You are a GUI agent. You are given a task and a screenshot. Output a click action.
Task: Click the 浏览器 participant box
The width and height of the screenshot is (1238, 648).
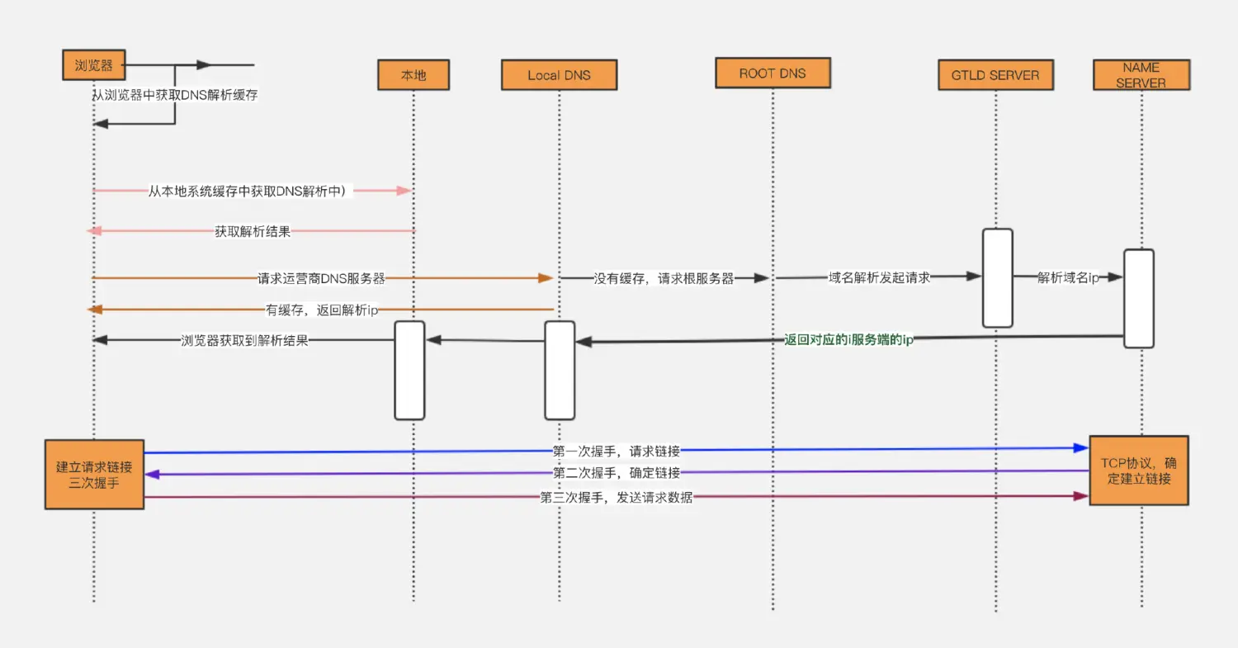coord(94,64)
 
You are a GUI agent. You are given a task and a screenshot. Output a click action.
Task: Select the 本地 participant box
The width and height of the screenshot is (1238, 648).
coord(413,74)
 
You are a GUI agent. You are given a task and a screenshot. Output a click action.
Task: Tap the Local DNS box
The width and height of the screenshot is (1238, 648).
coord(559,74)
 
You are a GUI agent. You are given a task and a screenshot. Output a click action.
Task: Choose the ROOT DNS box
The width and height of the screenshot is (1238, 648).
coord(773,73)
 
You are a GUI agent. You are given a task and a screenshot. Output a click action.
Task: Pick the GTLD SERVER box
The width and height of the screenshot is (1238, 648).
coord(995,74)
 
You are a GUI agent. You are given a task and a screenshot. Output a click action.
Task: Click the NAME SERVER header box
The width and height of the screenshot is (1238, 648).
coord(1141,74)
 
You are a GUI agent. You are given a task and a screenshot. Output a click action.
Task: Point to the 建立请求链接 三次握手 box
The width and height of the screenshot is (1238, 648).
coord(95,475)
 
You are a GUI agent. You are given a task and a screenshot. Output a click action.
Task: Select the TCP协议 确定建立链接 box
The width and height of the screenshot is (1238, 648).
coord(1138,471)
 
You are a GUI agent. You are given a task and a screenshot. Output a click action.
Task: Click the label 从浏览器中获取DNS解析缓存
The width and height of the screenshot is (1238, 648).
coord(175,95)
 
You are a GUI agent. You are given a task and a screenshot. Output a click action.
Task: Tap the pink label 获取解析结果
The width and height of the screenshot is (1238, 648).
coord(253,231)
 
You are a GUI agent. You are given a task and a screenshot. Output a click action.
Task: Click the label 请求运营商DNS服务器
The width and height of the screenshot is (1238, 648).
coord(321,278)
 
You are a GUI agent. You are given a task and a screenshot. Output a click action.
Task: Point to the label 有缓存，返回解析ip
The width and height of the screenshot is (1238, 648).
coord(322,310)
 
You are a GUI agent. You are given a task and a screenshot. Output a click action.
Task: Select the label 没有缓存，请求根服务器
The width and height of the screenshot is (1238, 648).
coord(664,278)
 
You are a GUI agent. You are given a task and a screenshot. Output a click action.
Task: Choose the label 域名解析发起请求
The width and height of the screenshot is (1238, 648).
coord(879,277)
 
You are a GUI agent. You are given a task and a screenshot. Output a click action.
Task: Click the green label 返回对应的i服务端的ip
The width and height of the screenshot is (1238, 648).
coord(848,339)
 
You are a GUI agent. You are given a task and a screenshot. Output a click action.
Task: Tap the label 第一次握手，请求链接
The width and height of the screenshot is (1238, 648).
coord(617,452)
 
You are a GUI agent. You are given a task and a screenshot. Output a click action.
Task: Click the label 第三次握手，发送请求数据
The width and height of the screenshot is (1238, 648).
coord(617,498)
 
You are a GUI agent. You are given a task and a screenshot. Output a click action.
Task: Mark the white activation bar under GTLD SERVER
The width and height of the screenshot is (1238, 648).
coord(998,278)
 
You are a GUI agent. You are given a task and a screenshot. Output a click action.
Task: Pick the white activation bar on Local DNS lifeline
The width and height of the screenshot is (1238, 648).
coord(560,371)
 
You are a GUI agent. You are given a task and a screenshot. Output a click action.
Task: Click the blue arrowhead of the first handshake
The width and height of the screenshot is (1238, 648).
coord(1081,448)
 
